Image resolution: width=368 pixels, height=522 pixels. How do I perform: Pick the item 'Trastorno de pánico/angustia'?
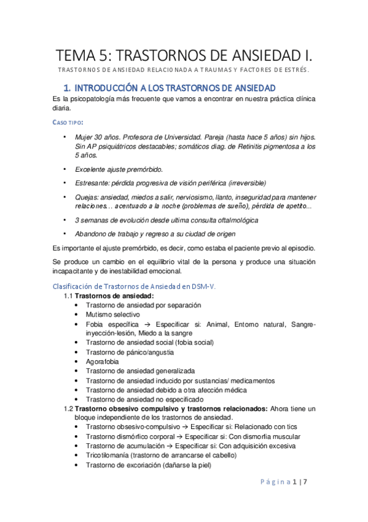(x=130, y=352)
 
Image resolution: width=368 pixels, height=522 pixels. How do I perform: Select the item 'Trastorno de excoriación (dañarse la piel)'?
(x=148, y=465)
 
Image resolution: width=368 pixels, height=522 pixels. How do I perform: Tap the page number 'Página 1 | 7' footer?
(x=290, y=498)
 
